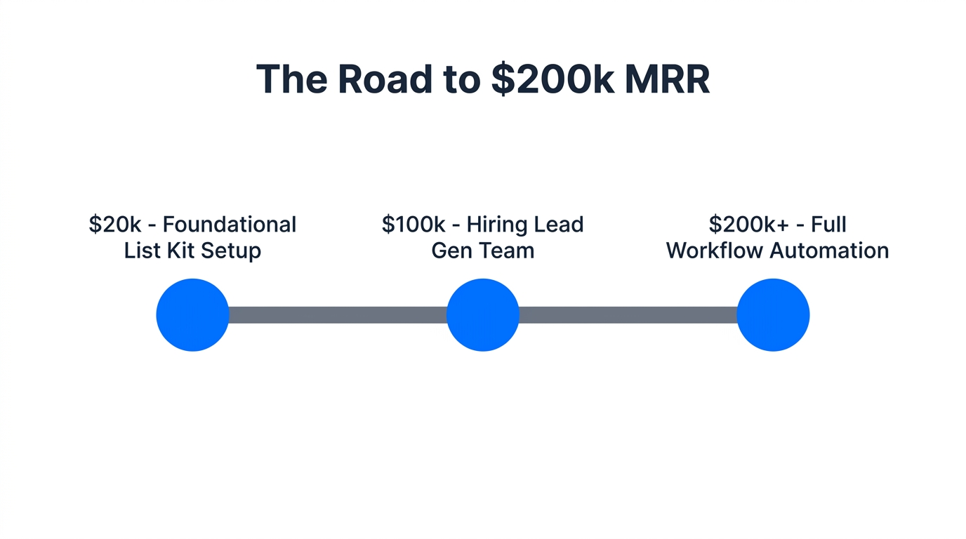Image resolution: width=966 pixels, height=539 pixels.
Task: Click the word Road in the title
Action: tap(385, 79)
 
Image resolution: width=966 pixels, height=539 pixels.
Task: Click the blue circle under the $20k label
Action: tap(192, 315)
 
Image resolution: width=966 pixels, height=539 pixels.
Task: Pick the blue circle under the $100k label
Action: tap(483, 315)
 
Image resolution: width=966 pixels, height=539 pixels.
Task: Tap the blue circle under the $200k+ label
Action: tap(773, 315)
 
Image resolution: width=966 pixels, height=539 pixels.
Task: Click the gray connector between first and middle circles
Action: tap(338, 315)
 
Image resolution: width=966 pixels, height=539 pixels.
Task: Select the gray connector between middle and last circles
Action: tap(628, 315)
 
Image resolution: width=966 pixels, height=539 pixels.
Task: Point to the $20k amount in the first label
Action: tap(115, 225)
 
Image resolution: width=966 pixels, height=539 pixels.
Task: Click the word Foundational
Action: tap(230, 225)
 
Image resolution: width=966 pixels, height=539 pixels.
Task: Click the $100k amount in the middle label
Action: tap(413, 225)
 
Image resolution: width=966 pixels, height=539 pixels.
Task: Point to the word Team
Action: tap(503, 251)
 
